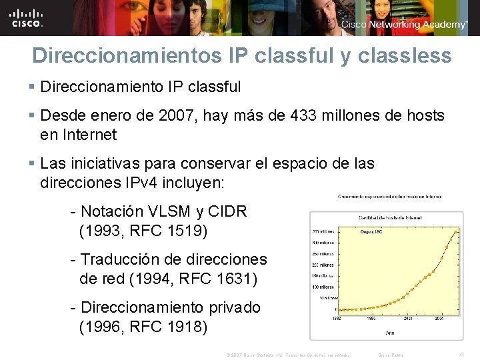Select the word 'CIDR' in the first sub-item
coord(227,212)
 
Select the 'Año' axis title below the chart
coord(391,331)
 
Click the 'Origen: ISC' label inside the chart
coord(371,232)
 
